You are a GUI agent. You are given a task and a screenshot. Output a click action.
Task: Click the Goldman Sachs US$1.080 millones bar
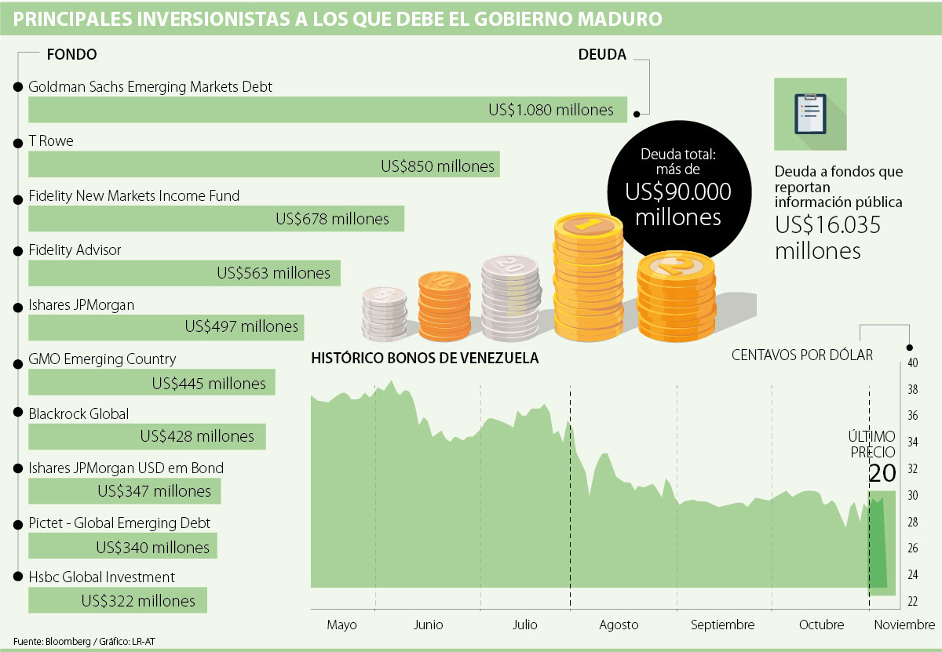coord(327,110)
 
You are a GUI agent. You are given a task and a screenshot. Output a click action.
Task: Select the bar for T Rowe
coord(264,165)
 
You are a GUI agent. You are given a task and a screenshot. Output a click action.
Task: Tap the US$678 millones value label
coord(332,220)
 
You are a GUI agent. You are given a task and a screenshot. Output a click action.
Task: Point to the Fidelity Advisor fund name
coord(75,250)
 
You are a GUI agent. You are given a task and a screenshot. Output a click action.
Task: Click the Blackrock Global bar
coord(147,436)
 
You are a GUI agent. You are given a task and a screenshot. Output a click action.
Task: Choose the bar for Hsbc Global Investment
coord(118,600)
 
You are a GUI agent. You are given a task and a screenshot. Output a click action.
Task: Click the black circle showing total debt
coord(677,188)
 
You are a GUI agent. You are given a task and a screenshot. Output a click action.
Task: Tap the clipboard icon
coord(809,114)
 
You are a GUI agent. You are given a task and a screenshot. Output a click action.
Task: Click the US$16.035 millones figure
coord(827,238)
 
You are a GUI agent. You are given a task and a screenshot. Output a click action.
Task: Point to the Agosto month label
coord(619,625)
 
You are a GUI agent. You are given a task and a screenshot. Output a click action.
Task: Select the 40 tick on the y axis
coord(912,363)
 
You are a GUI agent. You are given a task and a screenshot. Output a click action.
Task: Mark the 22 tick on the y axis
coord(912,601)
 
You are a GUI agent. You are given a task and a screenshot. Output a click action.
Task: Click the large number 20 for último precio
coord(882,473)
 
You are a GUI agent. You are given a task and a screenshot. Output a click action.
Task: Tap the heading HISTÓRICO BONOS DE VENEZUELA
coord(425,359)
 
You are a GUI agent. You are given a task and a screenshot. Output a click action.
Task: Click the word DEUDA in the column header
coord(602,55)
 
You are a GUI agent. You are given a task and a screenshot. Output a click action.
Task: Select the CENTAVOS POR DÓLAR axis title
coord(801,355)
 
